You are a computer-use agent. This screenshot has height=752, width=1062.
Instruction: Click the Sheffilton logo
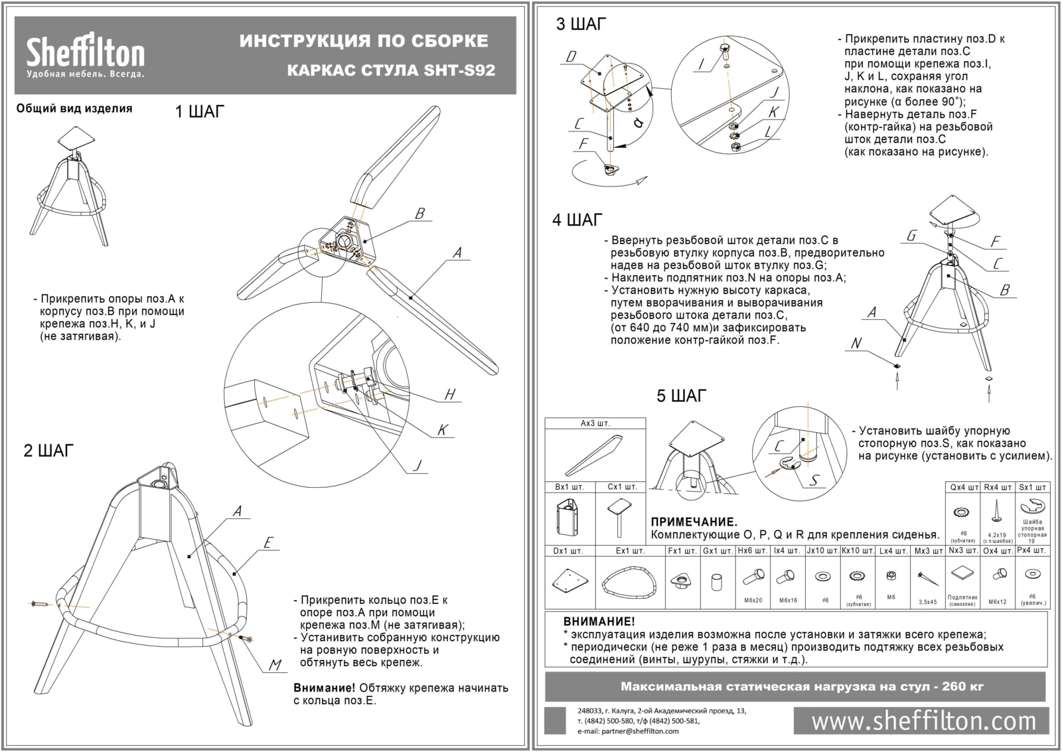tap(85, 56)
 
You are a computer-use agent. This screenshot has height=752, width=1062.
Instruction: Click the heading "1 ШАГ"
tap(199, 112)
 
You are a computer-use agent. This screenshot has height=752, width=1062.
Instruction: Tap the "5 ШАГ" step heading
tap(681, 396)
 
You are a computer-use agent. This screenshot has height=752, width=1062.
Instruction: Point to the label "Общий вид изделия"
tap(74, 108)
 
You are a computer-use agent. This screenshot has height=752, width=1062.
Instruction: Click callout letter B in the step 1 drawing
tap(419, 214)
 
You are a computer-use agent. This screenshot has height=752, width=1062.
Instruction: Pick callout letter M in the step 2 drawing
tap(275, 665)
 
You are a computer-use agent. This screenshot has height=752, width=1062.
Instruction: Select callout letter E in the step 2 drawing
tap(267, 543)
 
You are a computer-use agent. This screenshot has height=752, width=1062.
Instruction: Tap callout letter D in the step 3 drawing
tap(571, 57)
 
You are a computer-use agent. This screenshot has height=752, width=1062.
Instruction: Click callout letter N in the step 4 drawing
tap(856, 343)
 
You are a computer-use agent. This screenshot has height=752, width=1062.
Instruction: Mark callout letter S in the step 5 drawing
tap(814, 480)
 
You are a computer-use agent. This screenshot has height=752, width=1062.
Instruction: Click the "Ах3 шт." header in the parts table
tap(595, 423)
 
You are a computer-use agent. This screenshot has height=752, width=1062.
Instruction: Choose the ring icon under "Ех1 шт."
tap(629, 582)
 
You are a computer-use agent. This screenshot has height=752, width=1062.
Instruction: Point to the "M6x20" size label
tap(753, 601)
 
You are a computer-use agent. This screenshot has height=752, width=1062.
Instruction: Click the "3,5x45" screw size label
tap(927, 602)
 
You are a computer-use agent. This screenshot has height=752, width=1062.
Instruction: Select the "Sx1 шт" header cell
tap(1033, 487)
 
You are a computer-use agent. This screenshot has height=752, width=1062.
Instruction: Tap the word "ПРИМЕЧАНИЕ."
tap(694, 522)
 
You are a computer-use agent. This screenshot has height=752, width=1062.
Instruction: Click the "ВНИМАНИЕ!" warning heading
tap(599, 622)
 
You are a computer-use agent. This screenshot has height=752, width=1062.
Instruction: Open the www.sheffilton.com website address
tap(923, 721)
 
